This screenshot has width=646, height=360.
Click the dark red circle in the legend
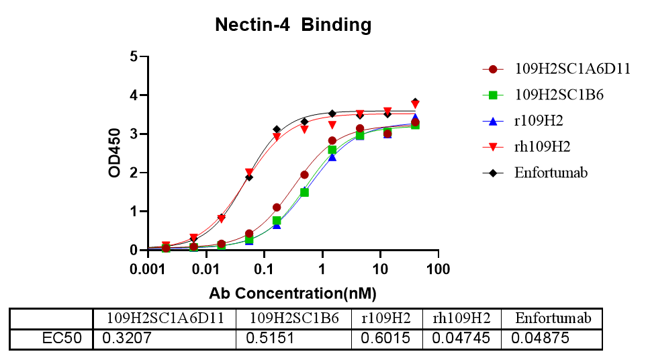click(x=493, y=69)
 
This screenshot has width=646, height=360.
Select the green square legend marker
click(x=493, y=95)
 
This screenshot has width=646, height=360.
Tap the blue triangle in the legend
click(x=493, y=122)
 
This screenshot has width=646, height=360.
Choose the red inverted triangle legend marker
click(x=493, y=146)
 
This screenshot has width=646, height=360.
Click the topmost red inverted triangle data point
click(x=415, y=105)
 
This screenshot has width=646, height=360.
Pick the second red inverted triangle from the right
click(x=387, y=111)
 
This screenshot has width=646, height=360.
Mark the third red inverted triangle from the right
click(x=360, y=114)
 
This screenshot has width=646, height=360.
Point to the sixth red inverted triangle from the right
click(x=277, y=137)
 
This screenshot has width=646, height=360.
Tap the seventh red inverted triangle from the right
click(x=249, y=173)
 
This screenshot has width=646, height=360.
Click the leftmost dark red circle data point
click(x=166, y=248)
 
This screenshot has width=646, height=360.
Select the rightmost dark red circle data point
click(x=415, y=122)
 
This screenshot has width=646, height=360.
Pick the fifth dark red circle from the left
click(x=277, y=207)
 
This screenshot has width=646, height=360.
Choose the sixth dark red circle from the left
click(x=304, y=175)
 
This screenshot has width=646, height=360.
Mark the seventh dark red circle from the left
click(x=332, y=141)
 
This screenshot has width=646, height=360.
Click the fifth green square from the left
click(x=277, y=220)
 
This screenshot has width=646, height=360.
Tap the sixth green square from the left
click(x=304, y=192)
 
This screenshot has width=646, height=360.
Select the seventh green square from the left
click(x=332, y=149)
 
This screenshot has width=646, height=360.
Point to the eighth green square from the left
click(x=360, y=135)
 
